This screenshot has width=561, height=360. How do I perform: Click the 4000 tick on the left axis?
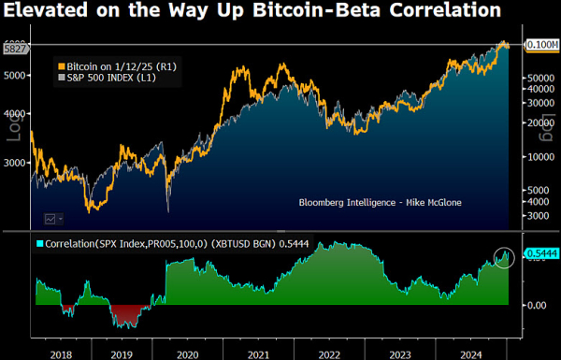[13, 116]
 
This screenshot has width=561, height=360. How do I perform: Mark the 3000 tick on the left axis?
[13, 162]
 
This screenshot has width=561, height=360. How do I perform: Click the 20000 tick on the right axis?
[533, 122]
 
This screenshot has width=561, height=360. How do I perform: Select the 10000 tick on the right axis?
[533, 157]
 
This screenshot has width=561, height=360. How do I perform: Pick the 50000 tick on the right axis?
[533, 79]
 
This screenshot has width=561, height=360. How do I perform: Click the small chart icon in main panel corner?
[52, 218]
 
